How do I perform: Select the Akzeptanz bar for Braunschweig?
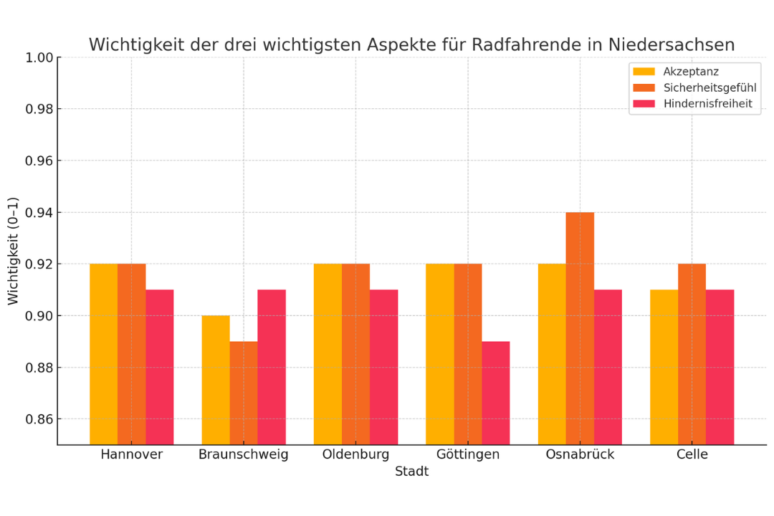click(216, 380)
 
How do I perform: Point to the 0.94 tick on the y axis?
click(41, 213)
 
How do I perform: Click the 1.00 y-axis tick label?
click(41, 57)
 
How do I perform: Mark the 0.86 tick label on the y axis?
click(41, 419)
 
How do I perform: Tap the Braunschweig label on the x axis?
click(244, 454)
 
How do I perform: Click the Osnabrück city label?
click(580, 454)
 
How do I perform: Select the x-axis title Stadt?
click(411, 472)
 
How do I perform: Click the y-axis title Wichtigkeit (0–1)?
click(14, 251)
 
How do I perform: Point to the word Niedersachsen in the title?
click(672, 45)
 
